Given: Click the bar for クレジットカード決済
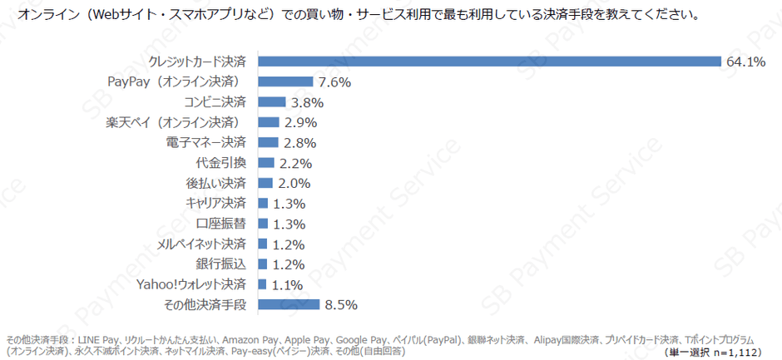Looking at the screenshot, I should tap(489, 62).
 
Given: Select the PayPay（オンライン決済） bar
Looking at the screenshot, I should tap(285, 81).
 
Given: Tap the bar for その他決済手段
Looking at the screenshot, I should tap(289, 305).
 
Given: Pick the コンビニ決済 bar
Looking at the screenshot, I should tap(272, 102).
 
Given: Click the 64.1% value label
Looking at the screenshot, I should tap(745, 62).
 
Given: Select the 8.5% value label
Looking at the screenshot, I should tap(341, 305).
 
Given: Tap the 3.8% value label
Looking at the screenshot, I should tap(307, 102).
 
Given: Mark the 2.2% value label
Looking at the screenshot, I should tap(295, 163).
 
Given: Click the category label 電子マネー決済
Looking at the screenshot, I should tap(206, 142).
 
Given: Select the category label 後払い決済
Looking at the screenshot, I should tap(215, 183).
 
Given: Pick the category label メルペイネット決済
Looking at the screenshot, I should tap(201, 244).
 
